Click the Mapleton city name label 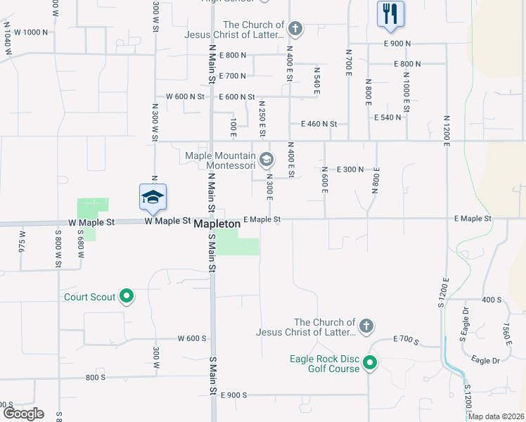click(216, 223)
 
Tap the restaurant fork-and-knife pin click(390, 13)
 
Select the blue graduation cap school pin click(153, 197)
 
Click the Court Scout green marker click(127, 297)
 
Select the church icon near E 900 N click(295, 29)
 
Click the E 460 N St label click(319, 124)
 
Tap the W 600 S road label click(191, 338)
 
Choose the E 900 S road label click(233, 395)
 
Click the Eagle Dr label click(485, 360)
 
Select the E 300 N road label click(350, 170)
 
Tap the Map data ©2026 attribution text click(496, 416)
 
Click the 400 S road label click(492, 300)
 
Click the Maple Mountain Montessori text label click(221, 160)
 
